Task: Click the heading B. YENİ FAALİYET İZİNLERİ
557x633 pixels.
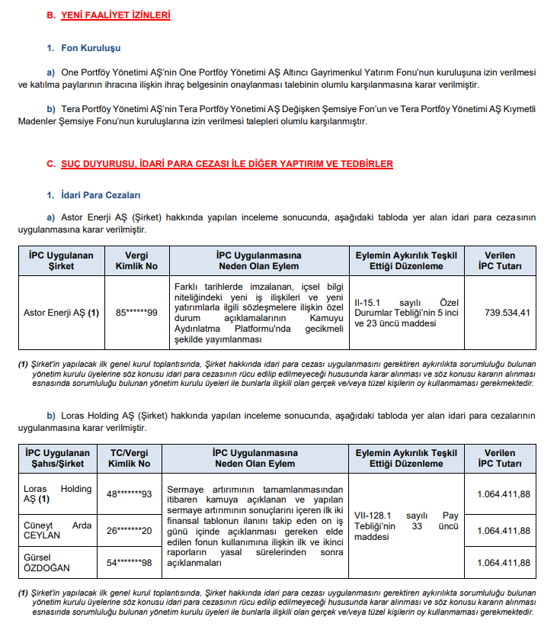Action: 108,14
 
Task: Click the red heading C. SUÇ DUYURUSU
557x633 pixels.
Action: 219,164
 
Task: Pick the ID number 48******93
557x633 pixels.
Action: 129,494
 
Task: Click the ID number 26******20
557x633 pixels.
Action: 129,531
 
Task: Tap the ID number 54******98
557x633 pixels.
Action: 129,563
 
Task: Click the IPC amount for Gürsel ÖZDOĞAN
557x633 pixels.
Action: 504,563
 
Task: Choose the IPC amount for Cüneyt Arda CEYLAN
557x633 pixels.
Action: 504,531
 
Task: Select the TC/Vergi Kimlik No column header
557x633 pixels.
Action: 129,458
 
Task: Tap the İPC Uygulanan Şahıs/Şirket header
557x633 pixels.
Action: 58,458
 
